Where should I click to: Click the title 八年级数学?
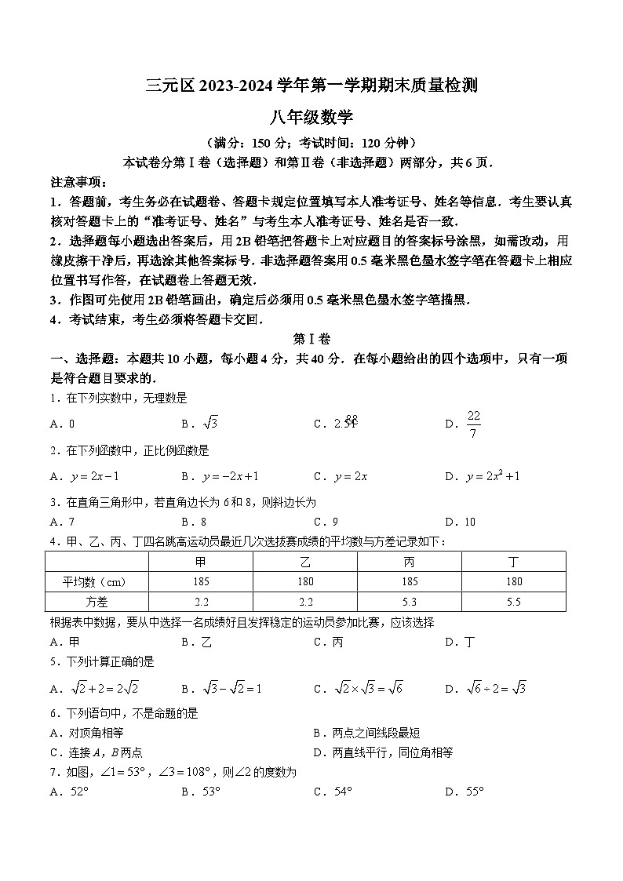[x=311, y=118]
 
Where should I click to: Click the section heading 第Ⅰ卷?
[x=311, y=339]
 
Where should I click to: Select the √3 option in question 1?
[x=201, y=424]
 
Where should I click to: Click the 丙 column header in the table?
[x=410, y=562]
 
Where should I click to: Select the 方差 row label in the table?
[x=97, y=601]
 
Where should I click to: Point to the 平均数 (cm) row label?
[x=97, y=581]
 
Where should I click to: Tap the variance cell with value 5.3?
[x=410, y=601]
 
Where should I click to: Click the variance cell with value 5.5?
[x=514, y=601]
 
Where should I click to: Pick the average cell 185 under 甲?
[x=201, y=581]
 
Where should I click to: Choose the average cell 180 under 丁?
[x=514, y=581]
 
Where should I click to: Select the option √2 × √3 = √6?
[x=352, y=689]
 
